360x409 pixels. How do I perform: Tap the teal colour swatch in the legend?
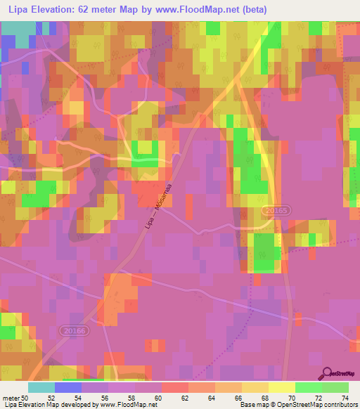[41, 387]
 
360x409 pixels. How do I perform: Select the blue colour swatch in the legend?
[68, 387]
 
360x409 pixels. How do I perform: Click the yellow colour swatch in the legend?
[281, 387]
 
